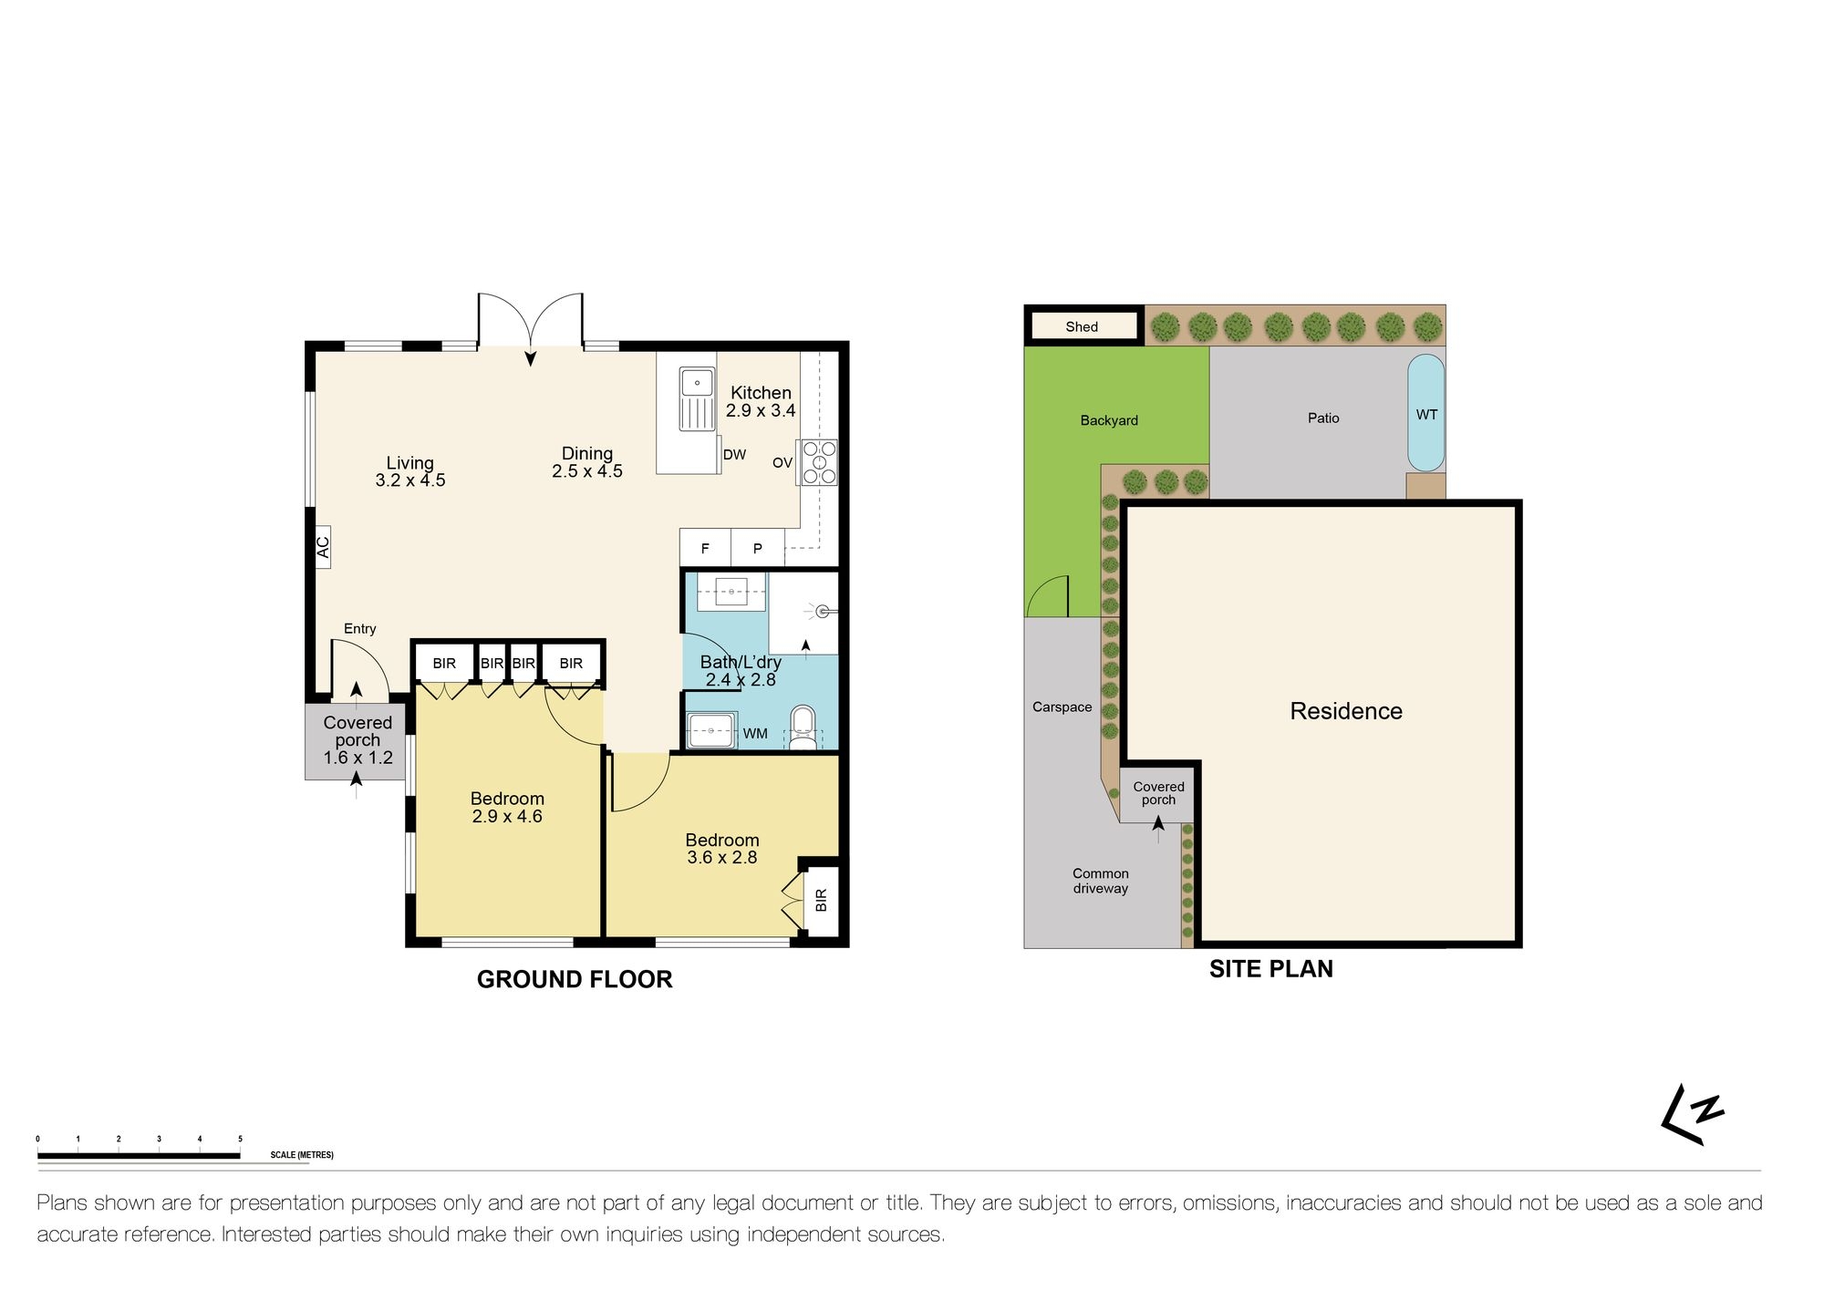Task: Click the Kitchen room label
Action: [761, 393]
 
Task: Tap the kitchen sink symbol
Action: [697, 398]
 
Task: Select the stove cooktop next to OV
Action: [819, 462]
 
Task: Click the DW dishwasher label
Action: [734, 455]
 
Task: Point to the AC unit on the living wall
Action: [323, 547]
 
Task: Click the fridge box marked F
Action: [705, 548]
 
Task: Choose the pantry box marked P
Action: [757, 548]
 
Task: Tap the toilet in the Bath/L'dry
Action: [803, 727]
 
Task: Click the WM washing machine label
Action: [755, 734]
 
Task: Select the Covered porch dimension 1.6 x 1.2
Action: [358, 758]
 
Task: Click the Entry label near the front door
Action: [359, 629]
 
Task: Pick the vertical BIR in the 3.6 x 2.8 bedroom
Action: [821, 900]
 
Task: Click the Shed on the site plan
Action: [1083, 326]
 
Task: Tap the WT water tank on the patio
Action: [1426, 414]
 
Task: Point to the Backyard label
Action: [1109, 420]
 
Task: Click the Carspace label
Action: [1062, 707]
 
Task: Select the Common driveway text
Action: [1100, 881]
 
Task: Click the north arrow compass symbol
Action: [1692, 1114]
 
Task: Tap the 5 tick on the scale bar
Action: [240, 1140]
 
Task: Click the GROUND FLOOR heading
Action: [575, 979]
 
